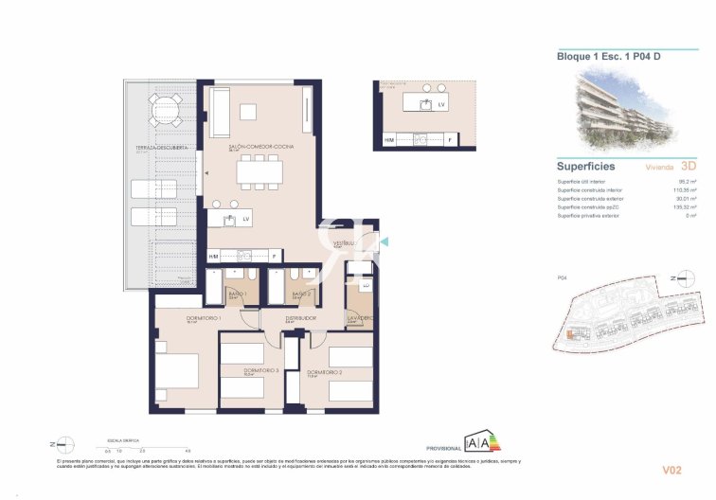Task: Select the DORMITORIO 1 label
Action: point(177,318)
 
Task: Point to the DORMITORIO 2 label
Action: point(324,372)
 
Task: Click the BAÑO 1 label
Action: point(236,294)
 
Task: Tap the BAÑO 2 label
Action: point(302,294)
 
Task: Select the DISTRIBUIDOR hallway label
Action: point(302,318)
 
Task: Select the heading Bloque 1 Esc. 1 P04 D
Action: point(608,56)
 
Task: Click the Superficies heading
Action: point(587,166)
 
